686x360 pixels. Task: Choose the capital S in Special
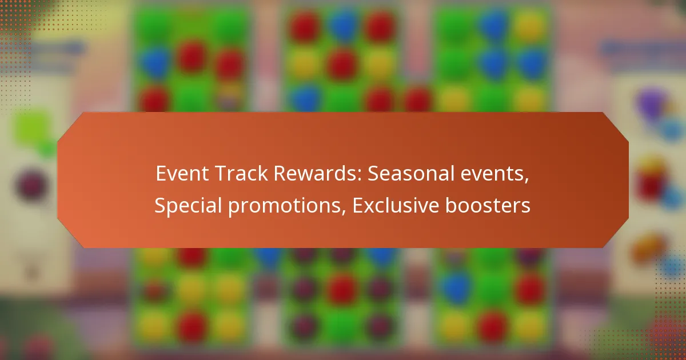[x=159, y=206]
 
